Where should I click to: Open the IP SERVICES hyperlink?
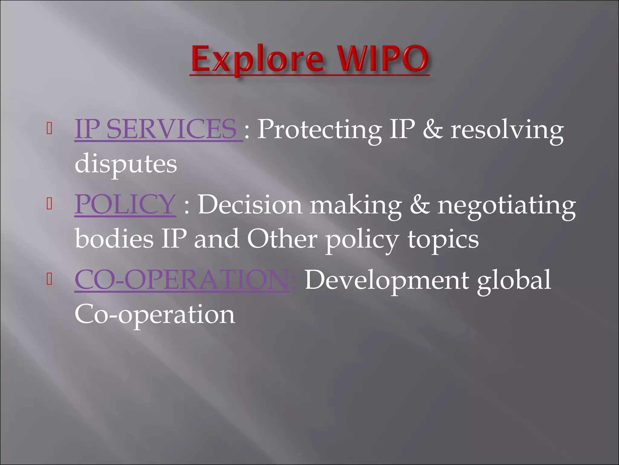pos(156,129)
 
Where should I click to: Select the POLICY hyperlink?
pos(125,204)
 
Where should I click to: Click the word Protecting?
pos(319,130)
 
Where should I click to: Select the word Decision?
pos(250,205)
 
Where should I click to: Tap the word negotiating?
pos(507,205)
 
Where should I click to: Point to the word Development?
pos(387,280)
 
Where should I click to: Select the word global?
pos(514,280)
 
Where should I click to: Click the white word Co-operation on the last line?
pos(154,315)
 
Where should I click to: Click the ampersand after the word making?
pos(420,205)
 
